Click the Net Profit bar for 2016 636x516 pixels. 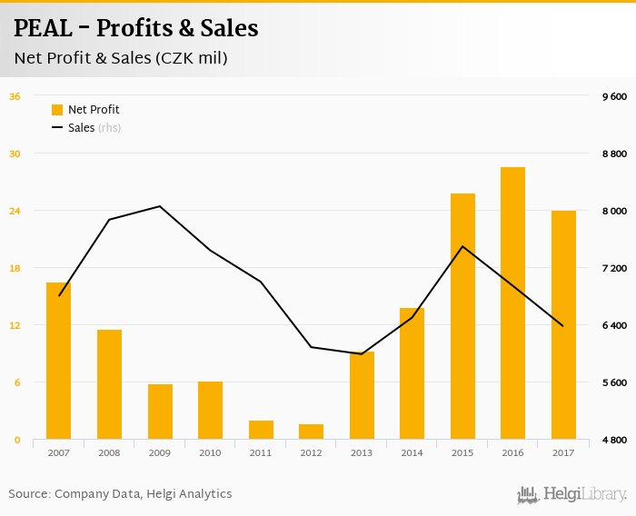point(512,303)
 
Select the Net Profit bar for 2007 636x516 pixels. point(59,361)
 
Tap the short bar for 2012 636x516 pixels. point(311,432)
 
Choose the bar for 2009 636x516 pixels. point(160,412)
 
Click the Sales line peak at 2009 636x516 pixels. point(160,206)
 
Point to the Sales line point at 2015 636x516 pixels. point(462,246)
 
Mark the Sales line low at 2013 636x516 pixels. point(362,353)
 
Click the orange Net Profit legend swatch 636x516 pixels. point(57,110)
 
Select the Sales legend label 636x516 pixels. point(82,128)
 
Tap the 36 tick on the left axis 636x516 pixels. point(15,96)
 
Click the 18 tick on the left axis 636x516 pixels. point(15,268)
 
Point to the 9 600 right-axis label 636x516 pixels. point(615,96)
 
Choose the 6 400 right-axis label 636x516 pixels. point(615,325)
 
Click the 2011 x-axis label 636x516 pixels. point(261,452)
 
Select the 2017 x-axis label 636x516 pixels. point(563,452)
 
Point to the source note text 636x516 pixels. point(120,494)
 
